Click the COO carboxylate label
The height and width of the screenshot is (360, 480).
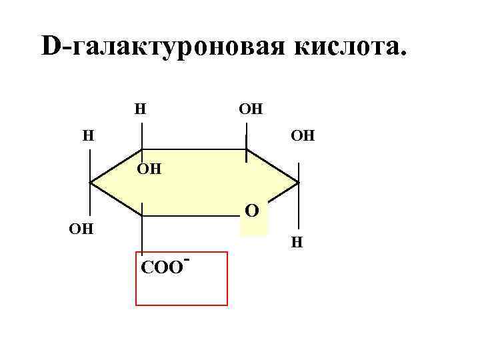(161, 267)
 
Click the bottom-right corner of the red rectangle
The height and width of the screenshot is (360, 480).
(227, 305)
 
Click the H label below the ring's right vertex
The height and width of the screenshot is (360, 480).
(298, 243)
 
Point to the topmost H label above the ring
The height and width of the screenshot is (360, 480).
(141, 108)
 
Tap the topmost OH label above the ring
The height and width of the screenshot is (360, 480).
(250, 108)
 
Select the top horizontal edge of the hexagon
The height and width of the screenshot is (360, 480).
(193, 149)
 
